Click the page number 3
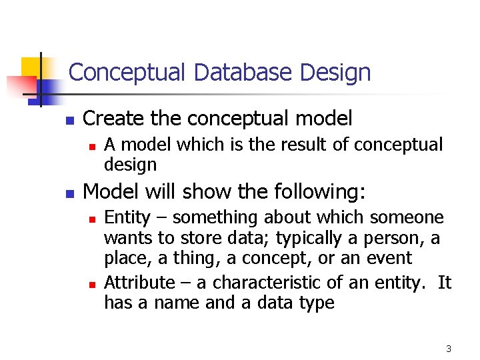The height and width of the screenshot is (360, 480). [449, 349]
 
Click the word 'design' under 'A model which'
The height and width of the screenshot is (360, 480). [130, 165]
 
